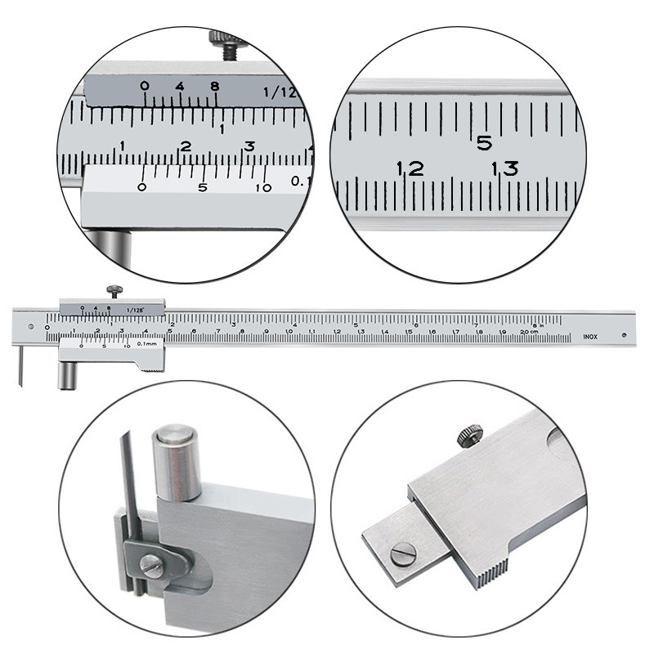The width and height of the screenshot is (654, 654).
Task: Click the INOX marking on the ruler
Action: (589, 335)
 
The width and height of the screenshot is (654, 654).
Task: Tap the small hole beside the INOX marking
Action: (623, 334)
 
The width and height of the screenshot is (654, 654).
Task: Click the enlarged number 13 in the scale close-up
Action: (504, 169)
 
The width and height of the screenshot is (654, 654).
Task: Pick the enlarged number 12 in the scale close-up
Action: (410, 169)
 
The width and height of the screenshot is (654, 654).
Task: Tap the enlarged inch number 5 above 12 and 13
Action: (484, 143)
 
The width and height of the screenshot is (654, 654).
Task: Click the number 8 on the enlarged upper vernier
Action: (214, 87)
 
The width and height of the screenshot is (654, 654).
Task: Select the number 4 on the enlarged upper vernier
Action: (179, 87)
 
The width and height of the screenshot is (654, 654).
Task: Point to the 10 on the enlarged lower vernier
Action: (263, 187)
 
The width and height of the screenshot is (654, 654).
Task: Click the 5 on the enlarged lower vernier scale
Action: (203, 187)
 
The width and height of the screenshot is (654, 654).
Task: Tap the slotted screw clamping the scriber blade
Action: (152, 563)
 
